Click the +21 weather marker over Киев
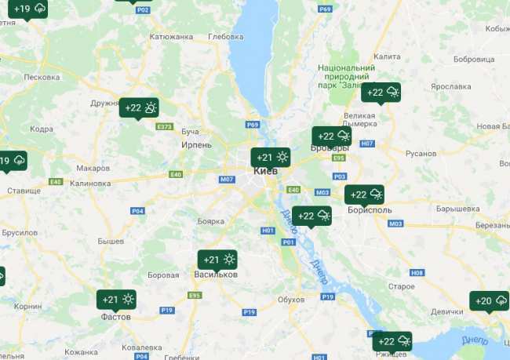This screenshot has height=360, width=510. click(x=270, y=158)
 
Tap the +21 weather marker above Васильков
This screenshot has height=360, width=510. click(x=216, y=260)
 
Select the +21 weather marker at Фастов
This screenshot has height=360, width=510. click(x=116, y=300)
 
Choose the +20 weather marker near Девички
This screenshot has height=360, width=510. click(x=490, y=301)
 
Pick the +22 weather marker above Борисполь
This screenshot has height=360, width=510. click(x=364, y=195)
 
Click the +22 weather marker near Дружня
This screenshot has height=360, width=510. click(x=139, y=108)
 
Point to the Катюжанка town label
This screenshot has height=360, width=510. click(x=171, y=36)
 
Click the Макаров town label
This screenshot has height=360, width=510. click(x=93, y=168)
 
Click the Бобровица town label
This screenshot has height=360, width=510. click(x=474, y=59)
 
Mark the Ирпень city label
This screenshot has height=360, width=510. click(x=196, y=145)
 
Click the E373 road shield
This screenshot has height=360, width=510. click(x=165, y=126)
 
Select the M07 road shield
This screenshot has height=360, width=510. click(x=227, y=180)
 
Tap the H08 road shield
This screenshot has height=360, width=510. click(x=417, y=273)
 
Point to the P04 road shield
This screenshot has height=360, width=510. click(x=137, y=210)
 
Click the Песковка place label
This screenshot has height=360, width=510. click(x=42, y=77)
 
